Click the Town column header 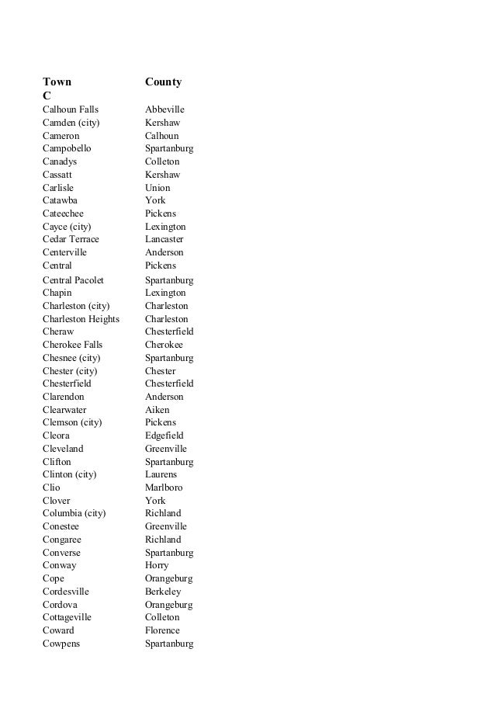[57, 82]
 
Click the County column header [163, 82]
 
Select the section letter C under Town [47, 95]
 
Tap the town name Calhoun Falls [71, 109]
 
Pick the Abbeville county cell [164, 109]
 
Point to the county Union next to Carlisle [157, 188]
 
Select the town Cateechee [63, 213]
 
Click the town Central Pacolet [73, 279]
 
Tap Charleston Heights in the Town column [81, 319]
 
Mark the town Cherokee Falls [72, 345]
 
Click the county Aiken [157, 410]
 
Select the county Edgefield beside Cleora [164, 436]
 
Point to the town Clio [51, 488]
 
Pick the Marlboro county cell [164, 488]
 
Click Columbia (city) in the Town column [74, 513]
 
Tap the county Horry [157, 565]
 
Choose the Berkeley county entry [163, 592]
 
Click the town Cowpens [61, 644]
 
